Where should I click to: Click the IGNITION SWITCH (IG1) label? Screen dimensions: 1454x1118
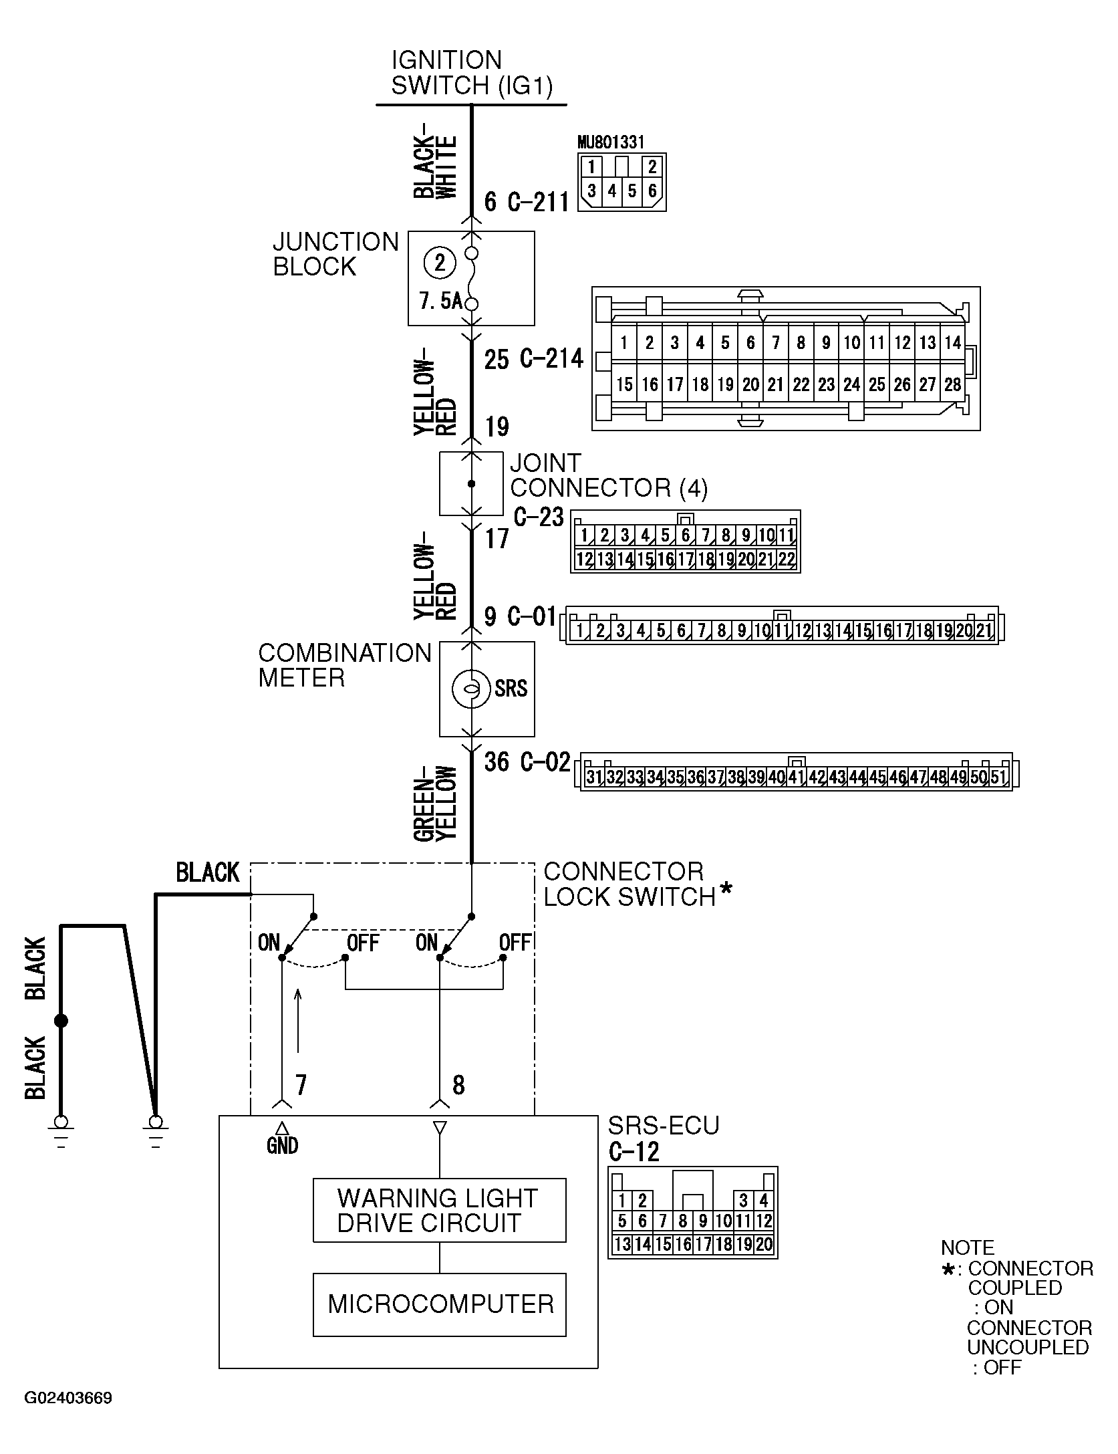(472, 73)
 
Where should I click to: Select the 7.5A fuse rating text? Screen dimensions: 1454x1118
(440, 301)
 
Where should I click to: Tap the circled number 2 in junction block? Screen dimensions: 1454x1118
(439, 263)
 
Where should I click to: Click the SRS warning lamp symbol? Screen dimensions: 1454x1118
(472, 689)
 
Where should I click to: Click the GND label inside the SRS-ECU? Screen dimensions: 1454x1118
(282, 1146)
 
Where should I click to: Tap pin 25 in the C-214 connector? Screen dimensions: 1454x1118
(877, 384)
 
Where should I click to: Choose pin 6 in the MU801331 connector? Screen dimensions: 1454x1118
(652, 191)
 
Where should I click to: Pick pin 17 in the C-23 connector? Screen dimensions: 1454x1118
(685, 560)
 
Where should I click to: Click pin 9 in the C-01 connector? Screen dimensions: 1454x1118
(742, 630)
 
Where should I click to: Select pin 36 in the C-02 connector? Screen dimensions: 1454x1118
(696, 777)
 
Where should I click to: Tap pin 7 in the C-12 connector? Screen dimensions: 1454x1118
(662, 1221)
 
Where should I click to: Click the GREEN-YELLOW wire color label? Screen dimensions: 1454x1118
(435, 803)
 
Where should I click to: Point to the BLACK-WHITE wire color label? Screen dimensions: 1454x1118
(435, 167)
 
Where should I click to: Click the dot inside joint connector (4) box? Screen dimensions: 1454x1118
(471, 484)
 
